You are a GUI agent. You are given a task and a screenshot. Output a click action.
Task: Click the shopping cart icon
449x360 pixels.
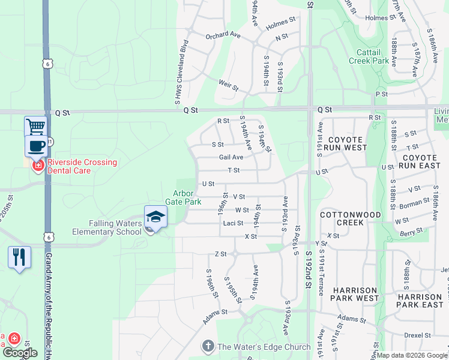point(35,127)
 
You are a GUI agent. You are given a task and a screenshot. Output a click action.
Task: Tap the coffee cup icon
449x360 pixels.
point(35,145)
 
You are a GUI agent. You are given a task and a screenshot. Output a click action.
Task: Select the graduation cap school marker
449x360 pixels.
point(155,217)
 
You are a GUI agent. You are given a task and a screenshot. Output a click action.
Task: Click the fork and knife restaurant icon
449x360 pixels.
point(19,257)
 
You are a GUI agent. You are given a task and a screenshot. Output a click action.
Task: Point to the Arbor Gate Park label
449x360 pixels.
point(187,197)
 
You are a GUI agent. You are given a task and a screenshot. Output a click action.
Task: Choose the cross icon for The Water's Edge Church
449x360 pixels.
point(208,346)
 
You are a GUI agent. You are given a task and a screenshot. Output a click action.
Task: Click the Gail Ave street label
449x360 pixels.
point(231,157)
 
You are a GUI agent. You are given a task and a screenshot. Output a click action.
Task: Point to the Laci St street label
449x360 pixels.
point(233,223)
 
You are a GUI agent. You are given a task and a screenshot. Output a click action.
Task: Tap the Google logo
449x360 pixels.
point(20,353)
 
